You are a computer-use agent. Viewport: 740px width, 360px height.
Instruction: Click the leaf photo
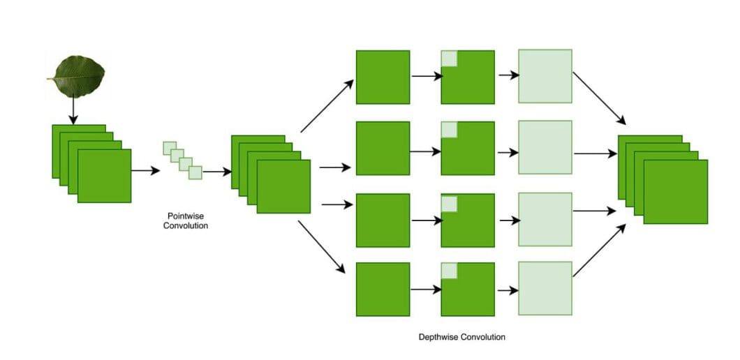tap(77, 76)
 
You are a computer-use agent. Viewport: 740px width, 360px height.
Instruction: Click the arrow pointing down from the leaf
tap(73, 110)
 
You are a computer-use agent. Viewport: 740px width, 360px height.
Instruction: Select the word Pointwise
tap(185, 216)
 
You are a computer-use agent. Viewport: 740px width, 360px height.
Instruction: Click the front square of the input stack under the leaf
tap(104, 176)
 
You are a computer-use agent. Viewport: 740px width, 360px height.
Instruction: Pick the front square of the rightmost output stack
tap(675, 192)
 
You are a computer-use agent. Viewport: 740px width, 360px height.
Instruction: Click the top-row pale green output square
tap(545, 76)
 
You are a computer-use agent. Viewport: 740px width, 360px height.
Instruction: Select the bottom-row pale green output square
tap(545, 288)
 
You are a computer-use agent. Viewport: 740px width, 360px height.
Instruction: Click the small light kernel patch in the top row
tap(449, 59)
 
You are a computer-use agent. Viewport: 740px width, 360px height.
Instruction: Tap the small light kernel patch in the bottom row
tap(449, 271)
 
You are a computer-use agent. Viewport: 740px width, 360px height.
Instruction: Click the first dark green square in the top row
tap(383, 77)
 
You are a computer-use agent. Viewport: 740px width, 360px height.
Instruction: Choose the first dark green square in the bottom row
tap(383, 289)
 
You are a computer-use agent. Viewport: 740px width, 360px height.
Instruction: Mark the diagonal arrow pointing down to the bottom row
tap(322, 247)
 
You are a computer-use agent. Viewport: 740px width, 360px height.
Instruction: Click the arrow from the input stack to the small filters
tap(145, 170)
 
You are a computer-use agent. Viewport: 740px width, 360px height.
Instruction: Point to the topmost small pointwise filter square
tap(169, 148)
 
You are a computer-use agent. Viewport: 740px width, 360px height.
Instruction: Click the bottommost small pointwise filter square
tap(195, 172)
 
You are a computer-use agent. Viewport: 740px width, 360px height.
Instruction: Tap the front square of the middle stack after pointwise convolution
tap(283, 186)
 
